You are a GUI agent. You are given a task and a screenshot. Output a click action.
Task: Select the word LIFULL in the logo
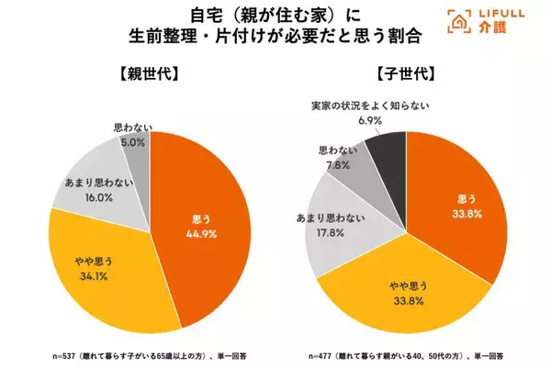point(489,16)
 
